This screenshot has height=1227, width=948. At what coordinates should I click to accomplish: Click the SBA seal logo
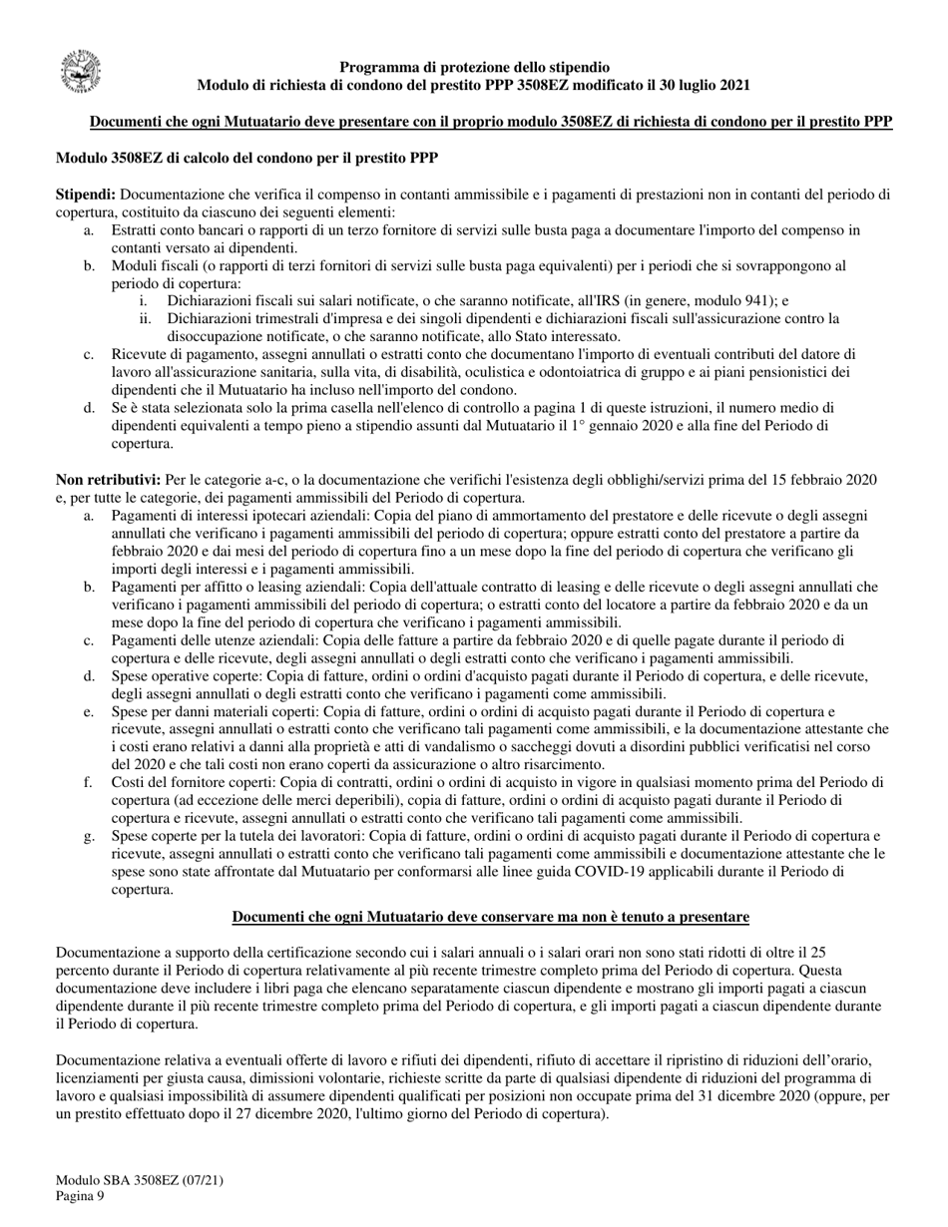[x=81, y=73]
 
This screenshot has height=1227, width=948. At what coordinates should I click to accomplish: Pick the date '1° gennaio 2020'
[x=598, y=426]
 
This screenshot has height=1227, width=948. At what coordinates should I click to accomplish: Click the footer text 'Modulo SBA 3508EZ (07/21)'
[x=140, y=1180]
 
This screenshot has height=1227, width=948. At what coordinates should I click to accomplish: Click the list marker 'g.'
[x=89, y=835]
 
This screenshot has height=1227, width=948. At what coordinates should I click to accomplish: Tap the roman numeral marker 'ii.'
[x=146, y=318]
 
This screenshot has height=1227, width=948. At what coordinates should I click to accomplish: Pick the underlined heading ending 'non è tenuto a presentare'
[x=491, y=917]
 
